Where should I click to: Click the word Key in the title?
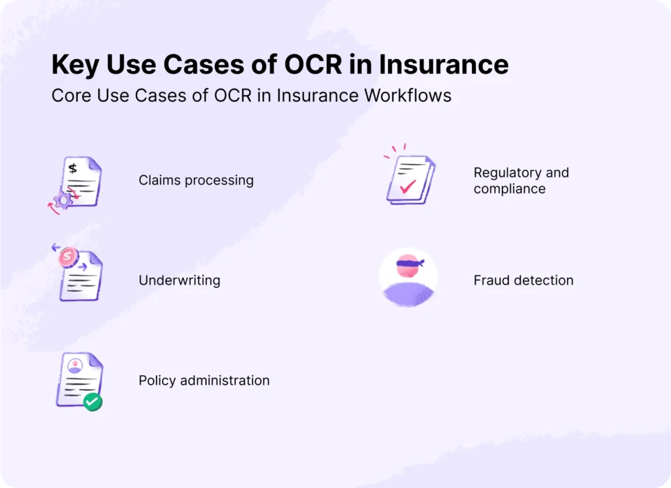tap(73, 65)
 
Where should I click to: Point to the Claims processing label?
tap(196, 180)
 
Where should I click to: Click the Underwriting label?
tap(179, 281)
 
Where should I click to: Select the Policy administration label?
tap(204, 380)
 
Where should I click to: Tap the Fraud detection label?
tap(523, 281)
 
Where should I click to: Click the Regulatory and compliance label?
tap(521, 180)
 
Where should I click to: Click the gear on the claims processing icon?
tap(64, 201)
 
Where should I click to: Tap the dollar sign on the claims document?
tap(73, 169)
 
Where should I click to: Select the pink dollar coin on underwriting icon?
tap(67, 257)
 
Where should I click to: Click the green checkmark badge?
tap(92, 401)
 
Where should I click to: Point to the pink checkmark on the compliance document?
tap(408, 187)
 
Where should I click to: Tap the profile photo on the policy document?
tap(75, 365)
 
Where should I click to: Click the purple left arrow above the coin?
tap(55, 249)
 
